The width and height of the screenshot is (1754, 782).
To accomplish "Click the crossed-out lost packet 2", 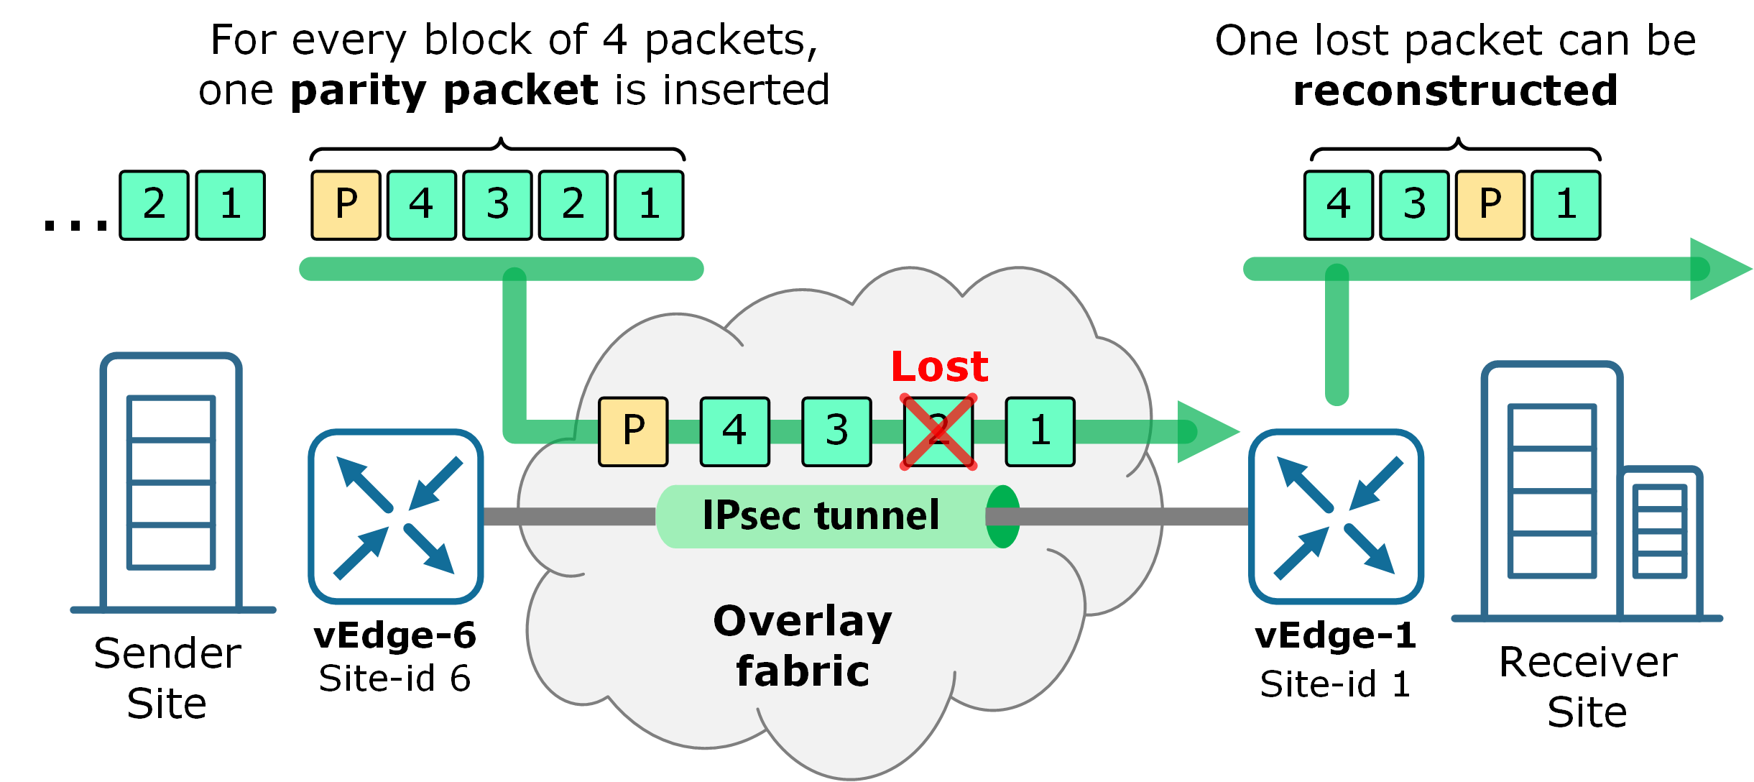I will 938,432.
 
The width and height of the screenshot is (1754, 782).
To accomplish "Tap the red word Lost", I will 939,367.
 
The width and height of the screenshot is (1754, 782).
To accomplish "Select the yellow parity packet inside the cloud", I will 633,432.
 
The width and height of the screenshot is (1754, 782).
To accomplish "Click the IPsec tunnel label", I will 821,515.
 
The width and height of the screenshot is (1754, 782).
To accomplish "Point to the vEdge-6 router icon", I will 396,517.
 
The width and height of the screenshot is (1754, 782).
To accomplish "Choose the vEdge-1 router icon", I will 1336,517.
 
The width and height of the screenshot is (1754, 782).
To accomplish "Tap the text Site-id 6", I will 394,678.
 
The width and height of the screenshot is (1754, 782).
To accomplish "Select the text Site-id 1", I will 1335,684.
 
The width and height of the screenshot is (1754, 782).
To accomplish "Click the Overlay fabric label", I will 803,645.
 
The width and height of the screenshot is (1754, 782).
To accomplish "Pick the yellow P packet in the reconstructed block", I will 1490,205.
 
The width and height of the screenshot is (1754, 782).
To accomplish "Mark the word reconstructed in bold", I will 1455,91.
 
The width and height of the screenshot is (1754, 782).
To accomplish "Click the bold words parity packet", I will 444,91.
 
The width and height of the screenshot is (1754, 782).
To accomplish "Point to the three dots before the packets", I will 75,226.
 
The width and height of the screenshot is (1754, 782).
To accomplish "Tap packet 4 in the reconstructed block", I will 1339,205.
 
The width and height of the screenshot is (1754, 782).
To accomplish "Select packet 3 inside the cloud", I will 836,432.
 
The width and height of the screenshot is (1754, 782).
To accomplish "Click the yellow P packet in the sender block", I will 346,205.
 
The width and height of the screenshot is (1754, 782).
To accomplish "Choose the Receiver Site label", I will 1588,686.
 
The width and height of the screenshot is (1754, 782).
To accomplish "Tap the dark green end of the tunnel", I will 1002,516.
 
